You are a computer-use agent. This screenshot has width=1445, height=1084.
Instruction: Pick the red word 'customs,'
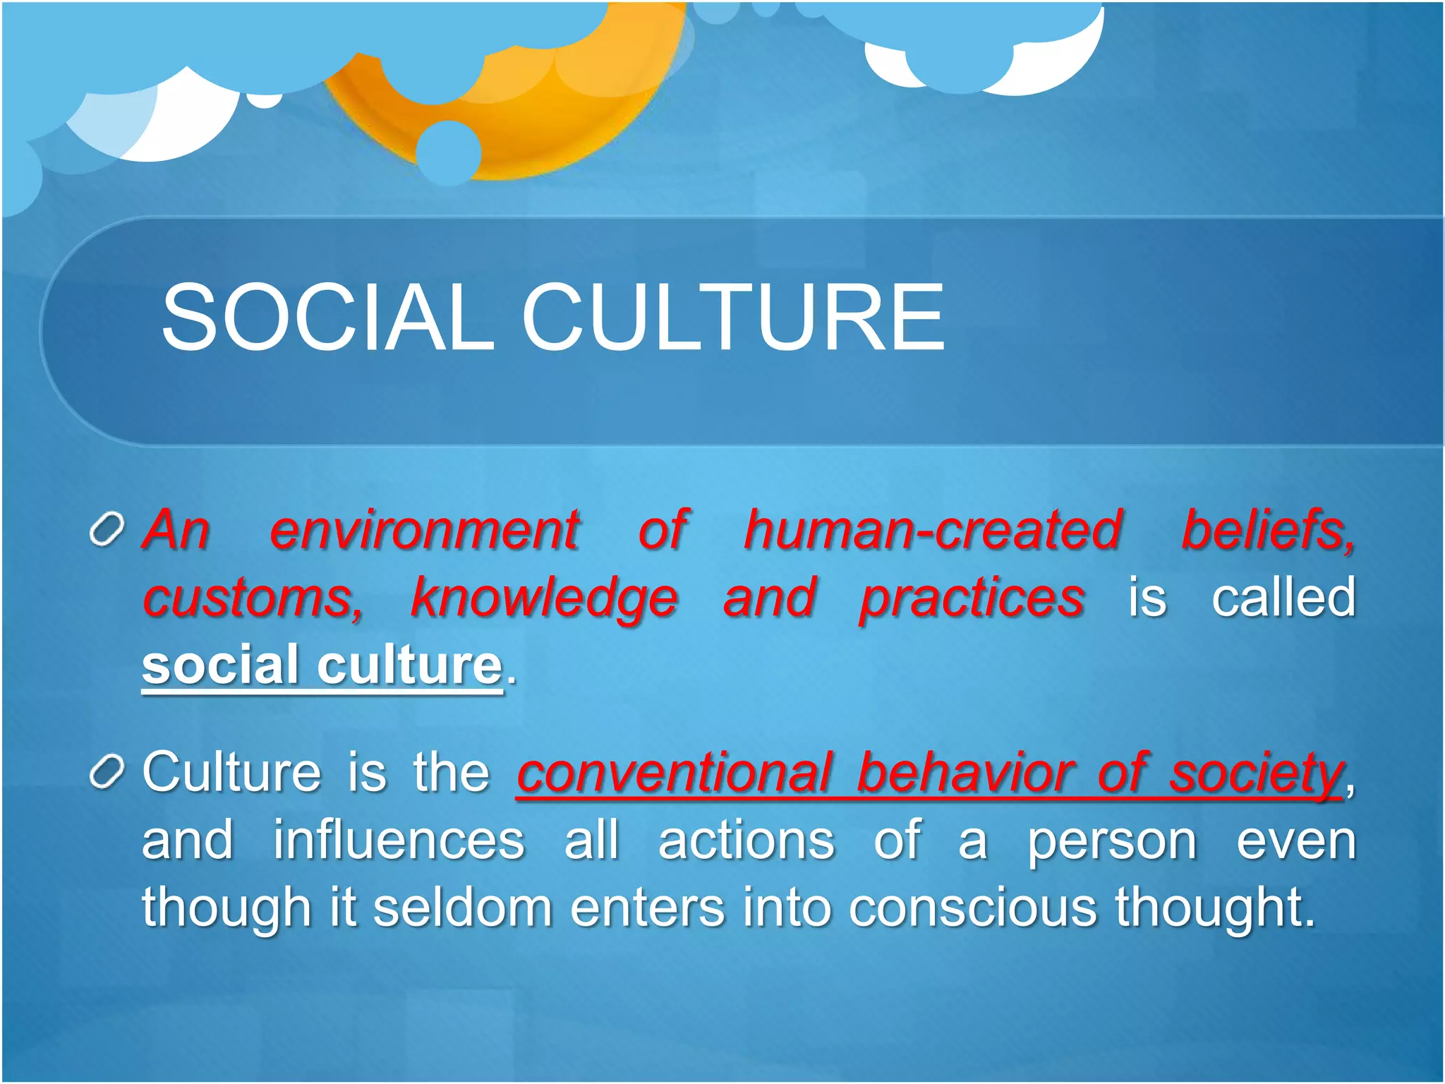coord(253,598)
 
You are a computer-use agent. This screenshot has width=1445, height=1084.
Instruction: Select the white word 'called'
coord(1283,598)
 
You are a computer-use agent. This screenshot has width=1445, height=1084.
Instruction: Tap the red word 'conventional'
coord(675,773)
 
